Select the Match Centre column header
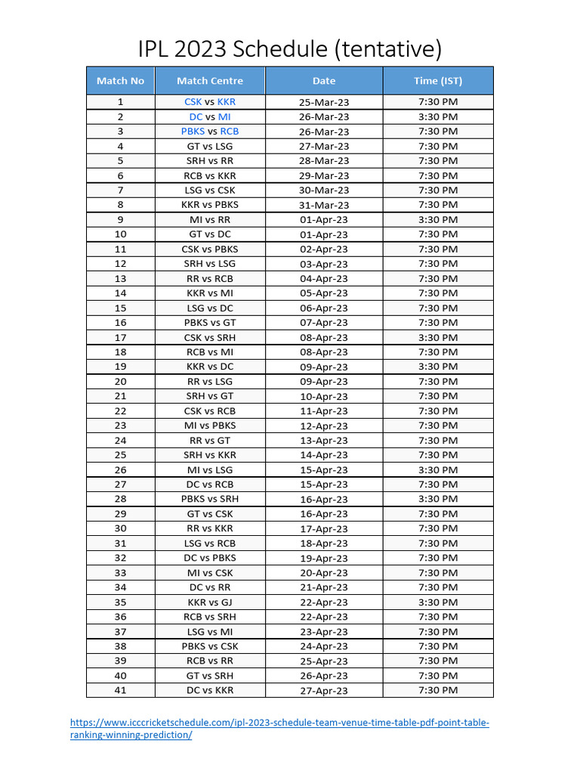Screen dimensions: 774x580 pyautogui.click(x=210, y=81)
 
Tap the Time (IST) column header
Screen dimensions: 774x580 pyautogui.click(x=438, y=81)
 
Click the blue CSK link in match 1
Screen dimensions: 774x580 pyautogui.click(x=193, y=101)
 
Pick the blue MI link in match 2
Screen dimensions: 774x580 pyautogui.click(x=224, y=116)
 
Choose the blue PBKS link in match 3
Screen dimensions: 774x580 pyautogui.click(x=193, y=131)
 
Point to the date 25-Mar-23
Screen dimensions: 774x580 pyautogui.click(x=324, y=102)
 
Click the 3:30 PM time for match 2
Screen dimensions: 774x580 pyautogui.click(x=438, y=116)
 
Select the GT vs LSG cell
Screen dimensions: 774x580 pyautogui.click(x=210, y=146)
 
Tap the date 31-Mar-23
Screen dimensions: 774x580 pyautogui.click(x=324, y=205)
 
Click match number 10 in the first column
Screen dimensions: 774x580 pyautogui.click(x=120, y=234)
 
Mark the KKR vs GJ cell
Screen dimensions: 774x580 pyautogui.click(x=210, y=602)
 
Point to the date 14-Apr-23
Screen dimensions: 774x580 pyautogui.click(x=324, y=455)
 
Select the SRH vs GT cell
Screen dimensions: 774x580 pyautogui.click(x=210, y=396)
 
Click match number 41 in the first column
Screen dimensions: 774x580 pyautogui.click(x=120, y=690)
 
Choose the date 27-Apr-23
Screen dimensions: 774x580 pyautogui.click(x=324, y=691)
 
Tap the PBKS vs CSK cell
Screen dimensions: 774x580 pyautogui.click(x=210, y=646)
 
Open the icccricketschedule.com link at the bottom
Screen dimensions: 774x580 pyautogui.click(x=279, y=723)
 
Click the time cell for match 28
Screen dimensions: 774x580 pyautogui.click(x=438, y=499)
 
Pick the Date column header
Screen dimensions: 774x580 pyautogui.click(x=324, y=81)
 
